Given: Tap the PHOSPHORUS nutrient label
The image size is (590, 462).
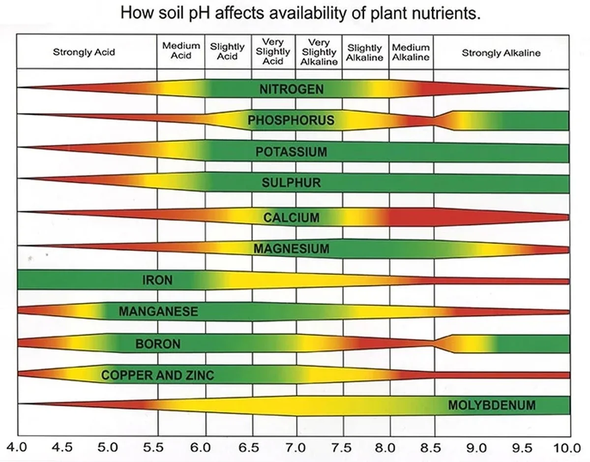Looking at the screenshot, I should point(291,120).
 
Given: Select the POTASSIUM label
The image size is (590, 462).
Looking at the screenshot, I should point(291,152).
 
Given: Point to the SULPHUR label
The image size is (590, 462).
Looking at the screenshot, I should point(291,183).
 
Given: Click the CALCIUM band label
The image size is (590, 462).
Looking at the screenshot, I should point(292,217).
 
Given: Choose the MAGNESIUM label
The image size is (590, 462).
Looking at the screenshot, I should point(292,249).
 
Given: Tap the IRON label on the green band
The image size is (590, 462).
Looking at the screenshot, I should point(157,280).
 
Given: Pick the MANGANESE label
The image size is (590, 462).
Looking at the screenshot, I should point(158,311).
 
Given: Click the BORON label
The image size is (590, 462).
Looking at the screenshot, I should point(158,343).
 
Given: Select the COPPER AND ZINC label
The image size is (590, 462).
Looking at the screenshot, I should point(158,375).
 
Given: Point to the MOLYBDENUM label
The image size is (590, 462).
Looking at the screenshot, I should point(492,405).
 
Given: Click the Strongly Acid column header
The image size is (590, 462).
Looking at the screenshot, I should point(84,52).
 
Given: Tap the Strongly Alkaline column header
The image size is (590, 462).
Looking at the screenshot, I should point(501,53).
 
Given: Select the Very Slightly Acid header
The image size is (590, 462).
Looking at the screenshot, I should point(273,52).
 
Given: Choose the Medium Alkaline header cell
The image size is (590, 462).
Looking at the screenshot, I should point(411,52).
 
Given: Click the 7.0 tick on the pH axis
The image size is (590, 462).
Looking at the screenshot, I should point(295,448).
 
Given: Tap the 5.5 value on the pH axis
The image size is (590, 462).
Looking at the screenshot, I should point(156,448).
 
